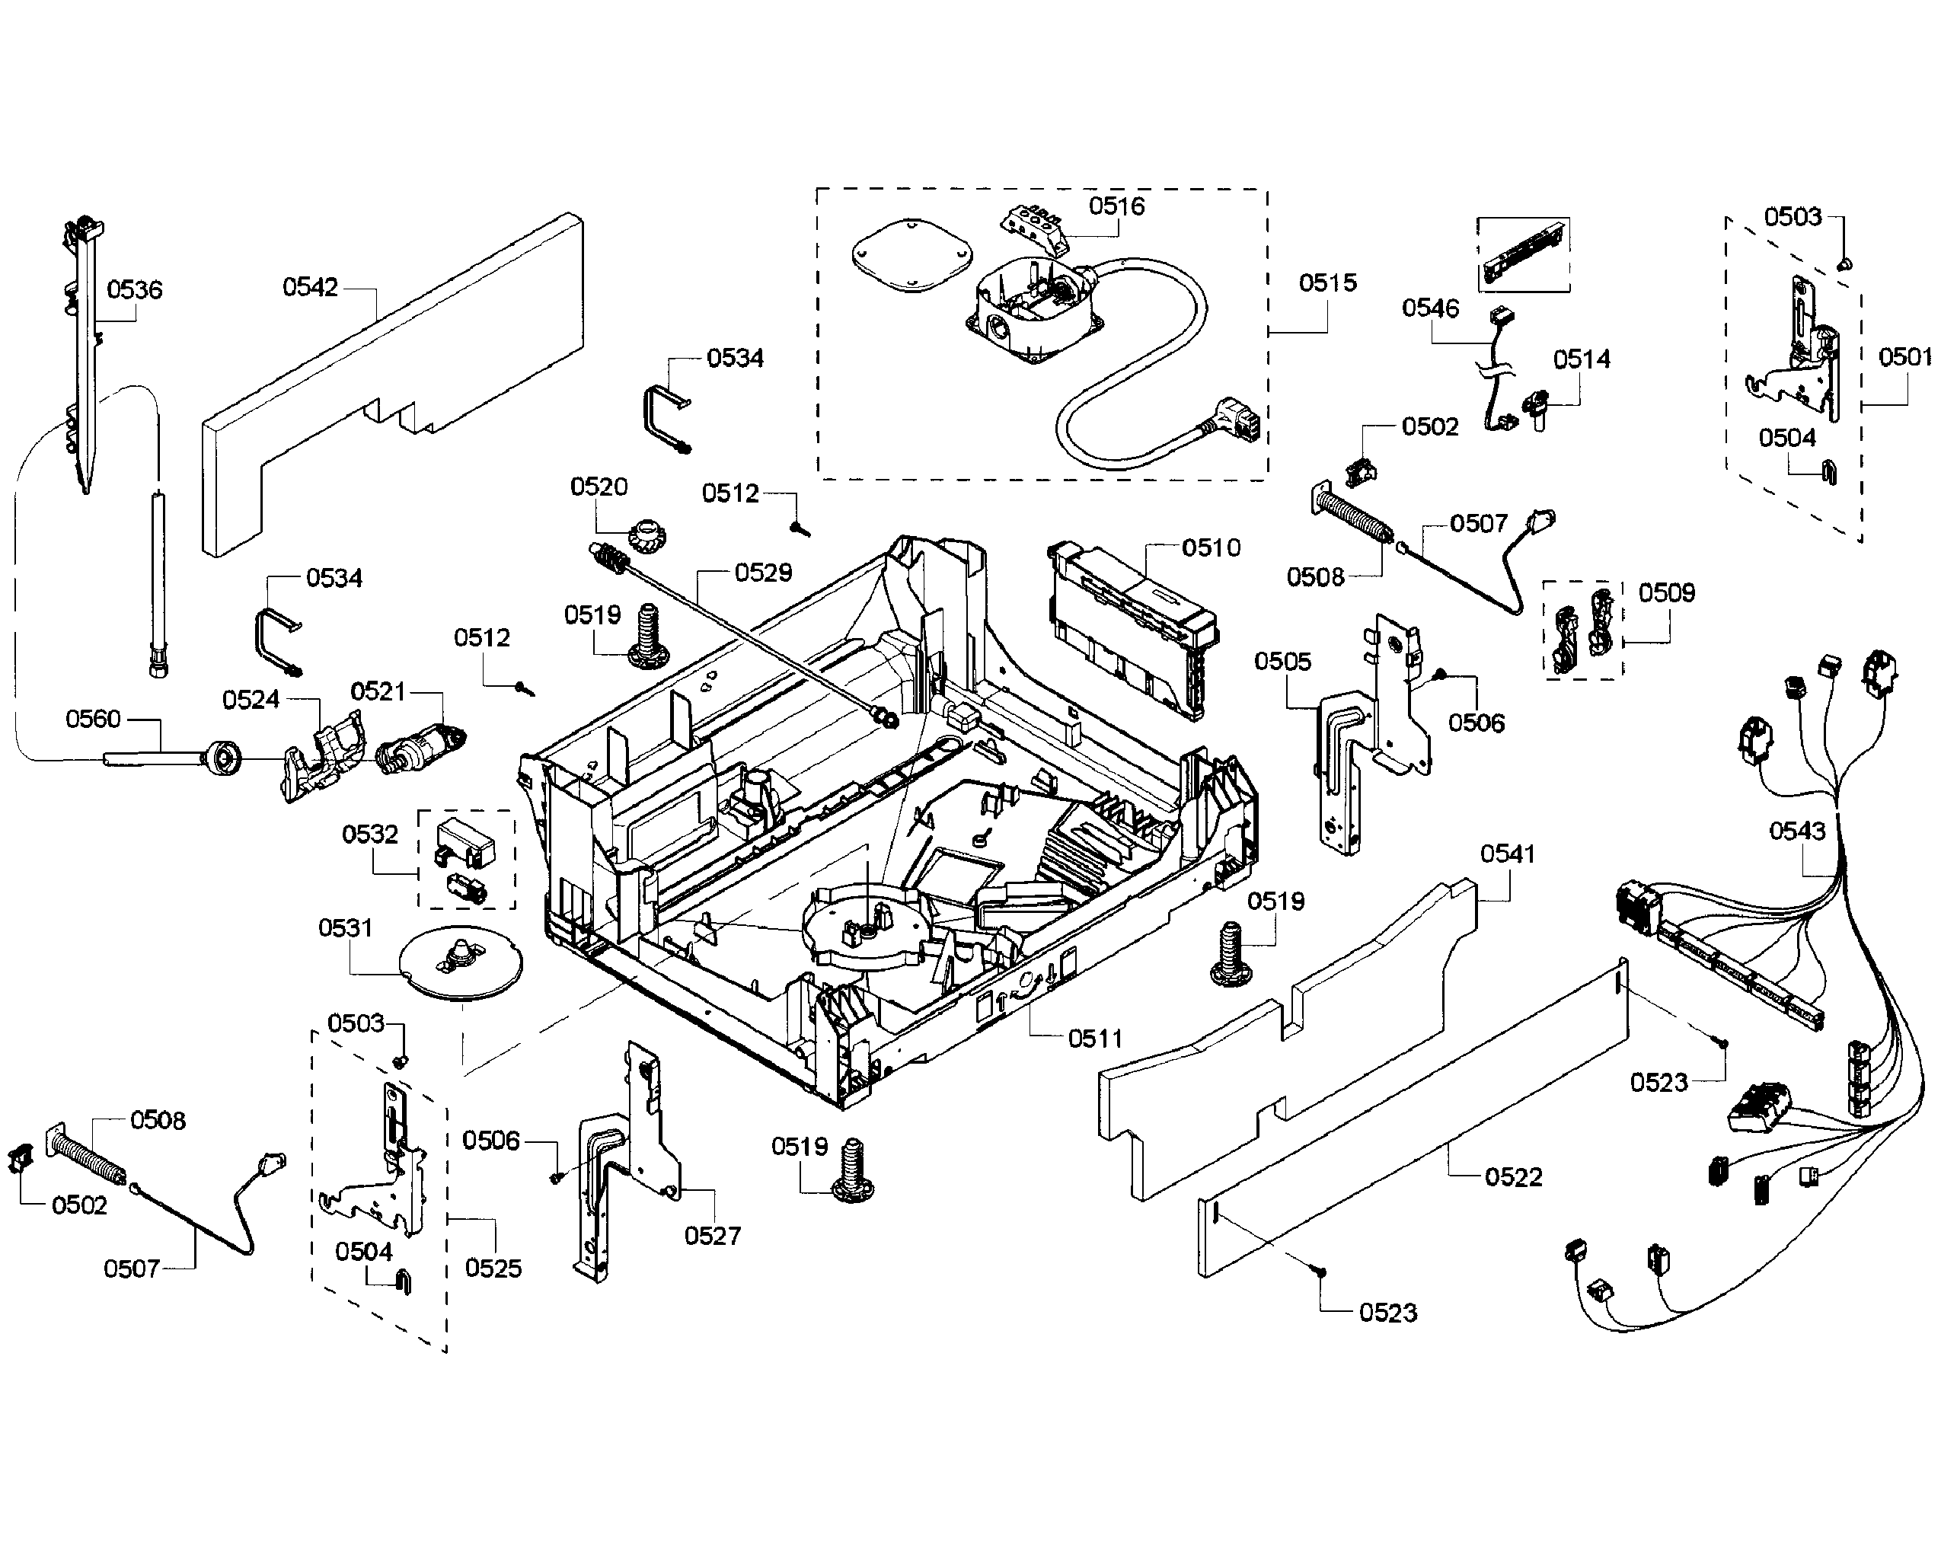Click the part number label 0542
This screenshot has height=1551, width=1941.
[x=310, y=287]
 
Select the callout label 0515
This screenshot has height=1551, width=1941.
[x=1327, y=282]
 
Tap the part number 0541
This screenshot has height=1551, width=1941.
[x=1507, y=854]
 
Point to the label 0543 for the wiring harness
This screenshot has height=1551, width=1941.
[x=1797, y=831]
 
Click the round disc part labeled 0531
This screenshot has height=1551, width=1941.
[x=460, y=963]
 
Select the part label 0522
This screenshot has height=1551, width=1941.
[x=1513, y=1176]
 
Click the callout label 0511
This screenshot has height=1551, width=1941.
[x=1095, y=1039]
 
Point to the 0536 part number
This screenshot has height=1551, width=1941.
[x=134, y=290]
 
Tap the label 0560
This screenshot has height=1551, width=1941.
[x=93, y=718]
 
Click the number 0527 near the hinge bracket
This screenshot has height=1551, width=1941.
[x=712, y=1236]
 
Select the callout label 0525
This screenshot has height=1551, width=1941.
[x=493, y=1269]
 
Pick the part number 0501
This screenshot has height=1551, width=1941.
[x=1904, y=357]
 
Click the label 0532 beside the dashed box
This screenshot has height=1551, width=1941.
[x=369, y=835]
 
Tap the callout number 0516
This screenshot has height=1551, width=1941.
[x=1116, y=206]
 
